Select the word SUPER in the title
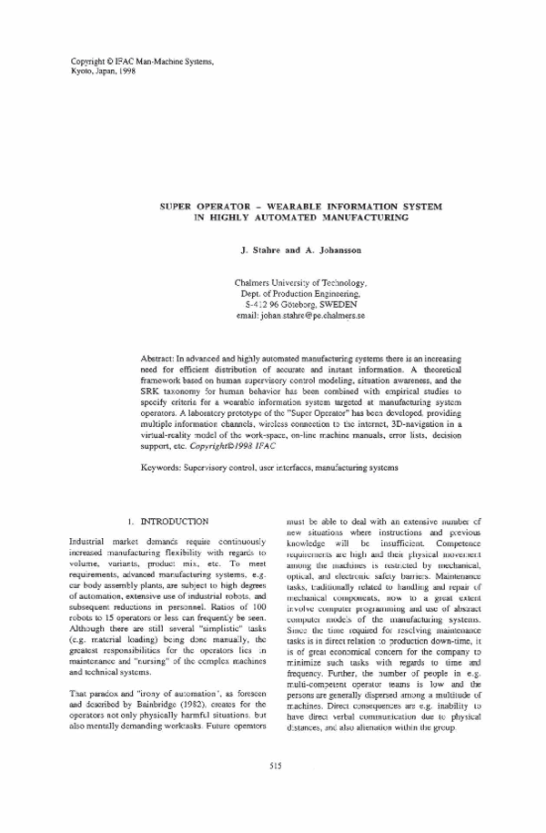181,208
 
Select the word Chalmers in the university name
259,284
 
